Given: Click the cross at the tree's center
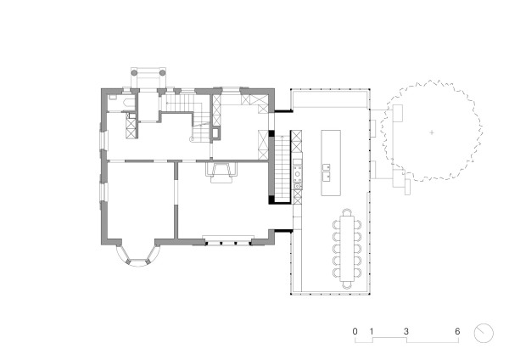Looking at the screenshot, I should [x=433, y=132].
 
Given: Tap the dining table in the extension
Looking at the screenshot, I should [x=350, y=247].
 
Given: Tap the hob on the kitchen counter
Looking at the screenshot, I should [x=298, y=180].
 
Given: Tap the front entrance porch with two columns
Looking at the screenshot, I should [x=148, y=77].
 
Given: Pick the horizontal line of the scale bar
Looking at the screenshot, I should [x=406, y=340].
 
